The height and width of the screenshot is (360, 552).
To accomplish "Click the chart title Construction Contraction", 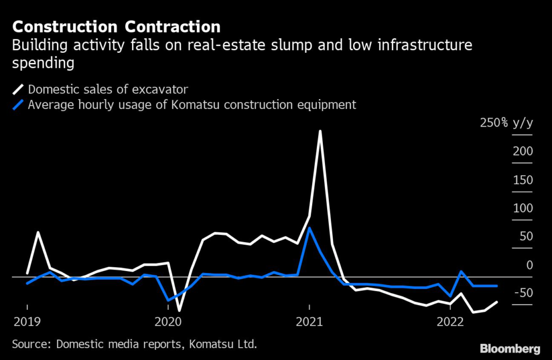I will click(x=116, y=26).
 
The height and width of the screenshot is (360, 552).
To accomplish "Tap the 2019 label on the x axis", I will click(x=27, y=322).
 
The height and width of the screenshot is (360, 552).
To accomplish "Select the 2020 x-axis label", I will click(x=168, y=322).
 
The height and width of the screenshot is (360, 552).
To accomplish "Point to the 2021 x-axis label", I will click(x=309, y=322).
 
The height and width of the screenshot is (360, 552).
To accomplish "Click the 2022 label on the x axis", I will click(x=450, y=322).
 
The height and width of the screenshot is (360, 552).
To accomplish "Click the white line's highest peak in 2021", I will click(x=321, y=131).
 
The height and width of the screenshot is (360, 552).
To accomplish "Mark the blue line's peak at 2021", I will click(x=309, y=227).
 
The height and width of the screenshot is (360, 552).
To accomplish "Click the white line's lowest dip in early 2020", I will click(x=179, y=311).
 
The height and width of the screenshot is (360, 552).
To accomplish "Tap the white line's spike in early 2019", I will click(x=38, y=232).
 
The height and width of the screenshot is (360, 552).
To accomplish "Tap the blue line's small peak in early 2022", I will click(x=461, y=271).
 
